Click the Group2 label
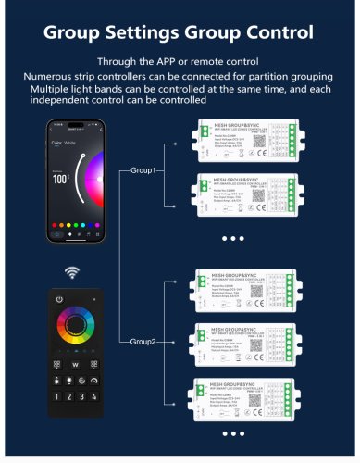(144, 343)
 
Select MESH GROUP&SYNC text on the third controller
(240, 276)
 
